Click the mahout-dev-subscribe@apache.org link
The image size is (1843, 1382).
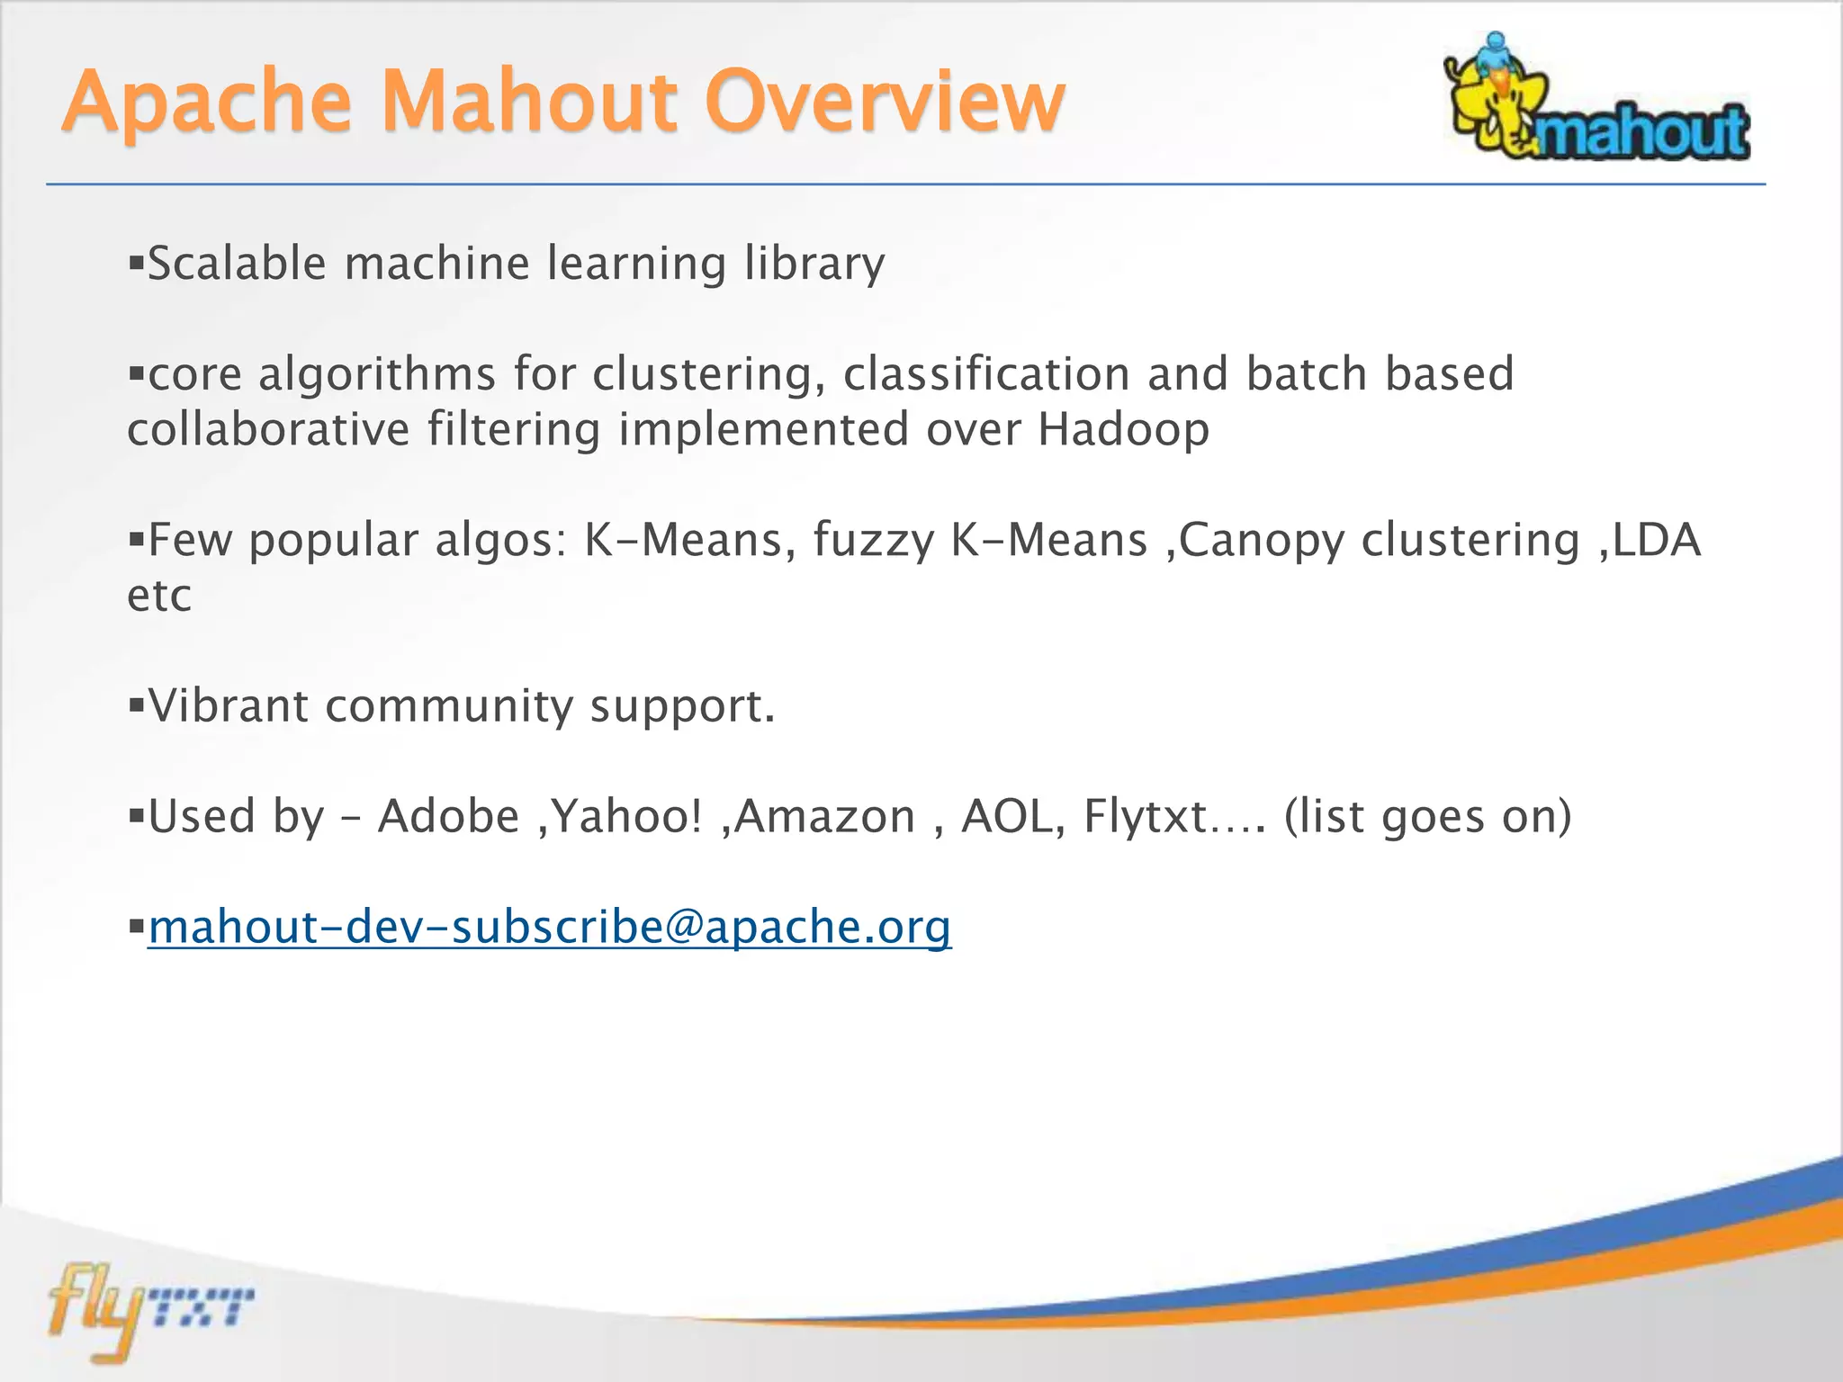click(x=549, y=927)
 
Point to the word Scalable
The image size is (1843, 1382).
click(x=237, y=264)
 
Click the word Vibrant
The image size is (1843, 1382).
click(x=229, y=705)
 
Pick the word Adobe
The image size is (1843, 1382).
click(x=448, y=816)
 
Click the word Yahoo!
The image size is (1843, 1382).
click(x=626, y=816)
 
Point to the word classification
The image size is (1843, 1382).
click(x=985, y=374)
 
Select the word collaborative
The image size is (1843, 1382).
click(x=268, y=429)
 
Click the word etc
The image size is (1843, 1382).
click(x=159, y=596)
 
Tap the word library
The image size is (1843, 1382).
click(x=814, y=264)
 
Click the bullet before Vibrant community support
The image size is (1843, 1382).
click(x=137, y=704)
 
